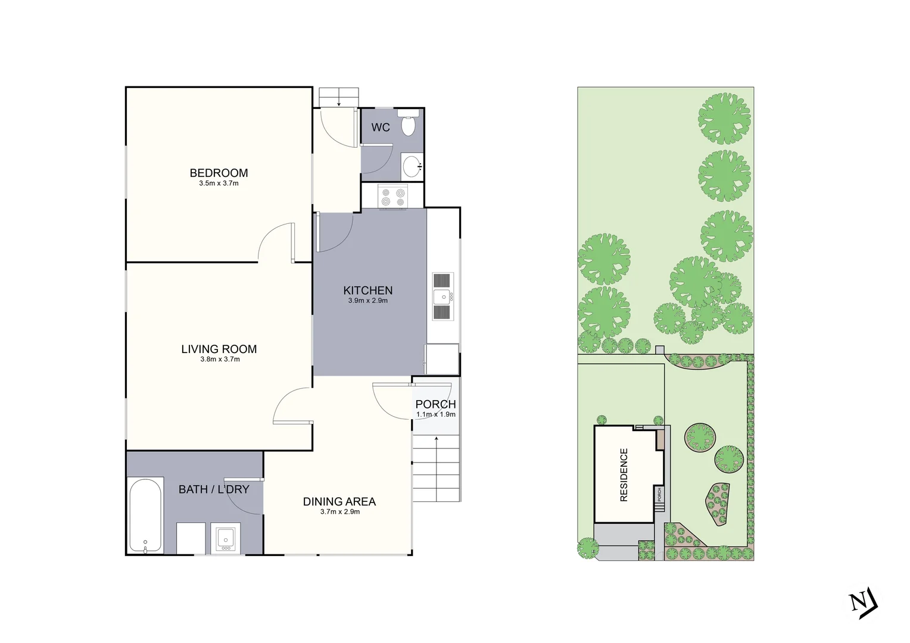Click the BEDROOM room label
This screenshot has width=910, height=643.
point(219,173)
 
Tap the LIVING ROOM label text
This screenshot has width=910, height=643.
point(219,349)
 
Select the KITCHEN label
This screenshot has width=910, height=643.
point(368,291)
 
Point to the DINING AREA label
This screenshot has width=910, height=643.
point(339,502)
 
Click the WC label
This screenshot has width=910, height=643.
point(381,127)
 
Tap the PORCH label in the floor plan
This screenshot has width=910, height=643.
point(435,404)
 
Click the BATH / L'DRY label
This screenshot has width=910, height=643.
point(214,489)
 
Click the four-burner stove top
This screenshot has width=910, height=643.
point(393,197)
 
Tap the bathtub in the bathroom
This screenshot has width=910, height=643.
point(146,516)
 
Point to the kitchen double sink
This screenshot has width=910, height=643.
point(443,296)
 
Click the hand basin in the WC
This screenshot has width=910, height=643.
point(412,166)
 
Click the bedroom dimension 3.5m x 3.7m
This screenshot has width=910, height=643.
point(219,183)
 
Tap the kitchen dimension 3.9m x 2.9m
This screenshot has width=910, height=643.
point(368,301)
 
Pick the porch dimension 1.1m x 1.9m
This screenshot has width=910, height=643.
point(436,414)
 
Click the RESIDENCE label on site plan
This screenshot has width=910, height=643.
point(624,475)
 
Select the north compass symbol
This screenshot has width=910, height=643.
point(863,603)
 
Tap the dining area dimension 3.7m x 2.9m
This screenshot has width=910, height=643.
point(340,512)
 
